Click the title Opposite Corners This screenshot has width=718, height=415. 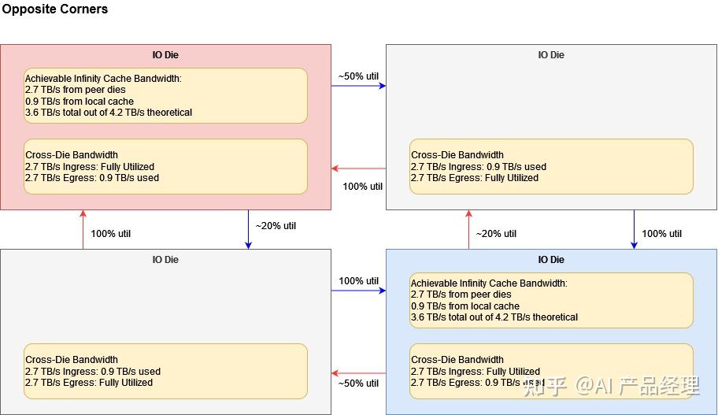coord(54,9)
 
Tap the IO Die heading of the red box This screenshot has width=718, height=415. coord(165,55)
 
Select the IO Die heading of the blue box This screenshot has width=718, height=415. coord(551,260)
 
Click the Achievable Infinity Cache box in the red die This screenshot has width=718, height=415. coord(165,95)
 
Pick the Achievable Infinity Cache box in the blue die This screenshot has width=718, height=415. coord(551,300)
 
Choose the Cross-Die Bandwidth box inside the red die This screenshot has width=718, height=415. coord(165,166)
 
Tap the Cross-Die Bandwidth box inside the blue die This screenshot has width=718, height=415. coord(551,371)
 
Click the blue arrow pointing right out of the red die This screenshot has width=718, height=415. coord(358,85)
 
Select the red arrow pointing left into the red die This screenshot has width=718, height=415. coord(358,169)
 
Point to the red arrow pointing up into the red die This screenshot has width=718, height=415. coord(83,229)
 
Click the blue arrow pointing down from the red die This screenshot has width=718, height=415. coord(248,229)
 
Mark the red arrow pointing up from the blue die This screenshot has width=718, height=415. coord(468,229)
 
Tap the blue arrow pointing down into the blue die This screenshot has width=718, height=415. coord(634,229)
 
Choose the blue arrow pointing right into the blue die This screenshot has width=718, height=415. coord(358,291)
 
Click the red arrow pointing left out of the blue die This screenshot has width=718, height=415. coord(358,373)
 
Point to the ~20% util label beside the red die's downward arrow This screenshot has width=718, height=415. coord(276,226)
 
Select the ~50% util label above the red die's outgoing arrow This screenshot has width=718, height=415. coord(358,76)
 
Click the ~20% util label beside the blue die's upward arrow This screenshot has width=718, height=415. coord(496,234)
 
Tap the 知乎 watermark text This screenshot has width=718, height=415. coord(544,387)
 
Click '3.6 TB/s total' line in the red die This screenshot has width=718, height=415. coord(109,113)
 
